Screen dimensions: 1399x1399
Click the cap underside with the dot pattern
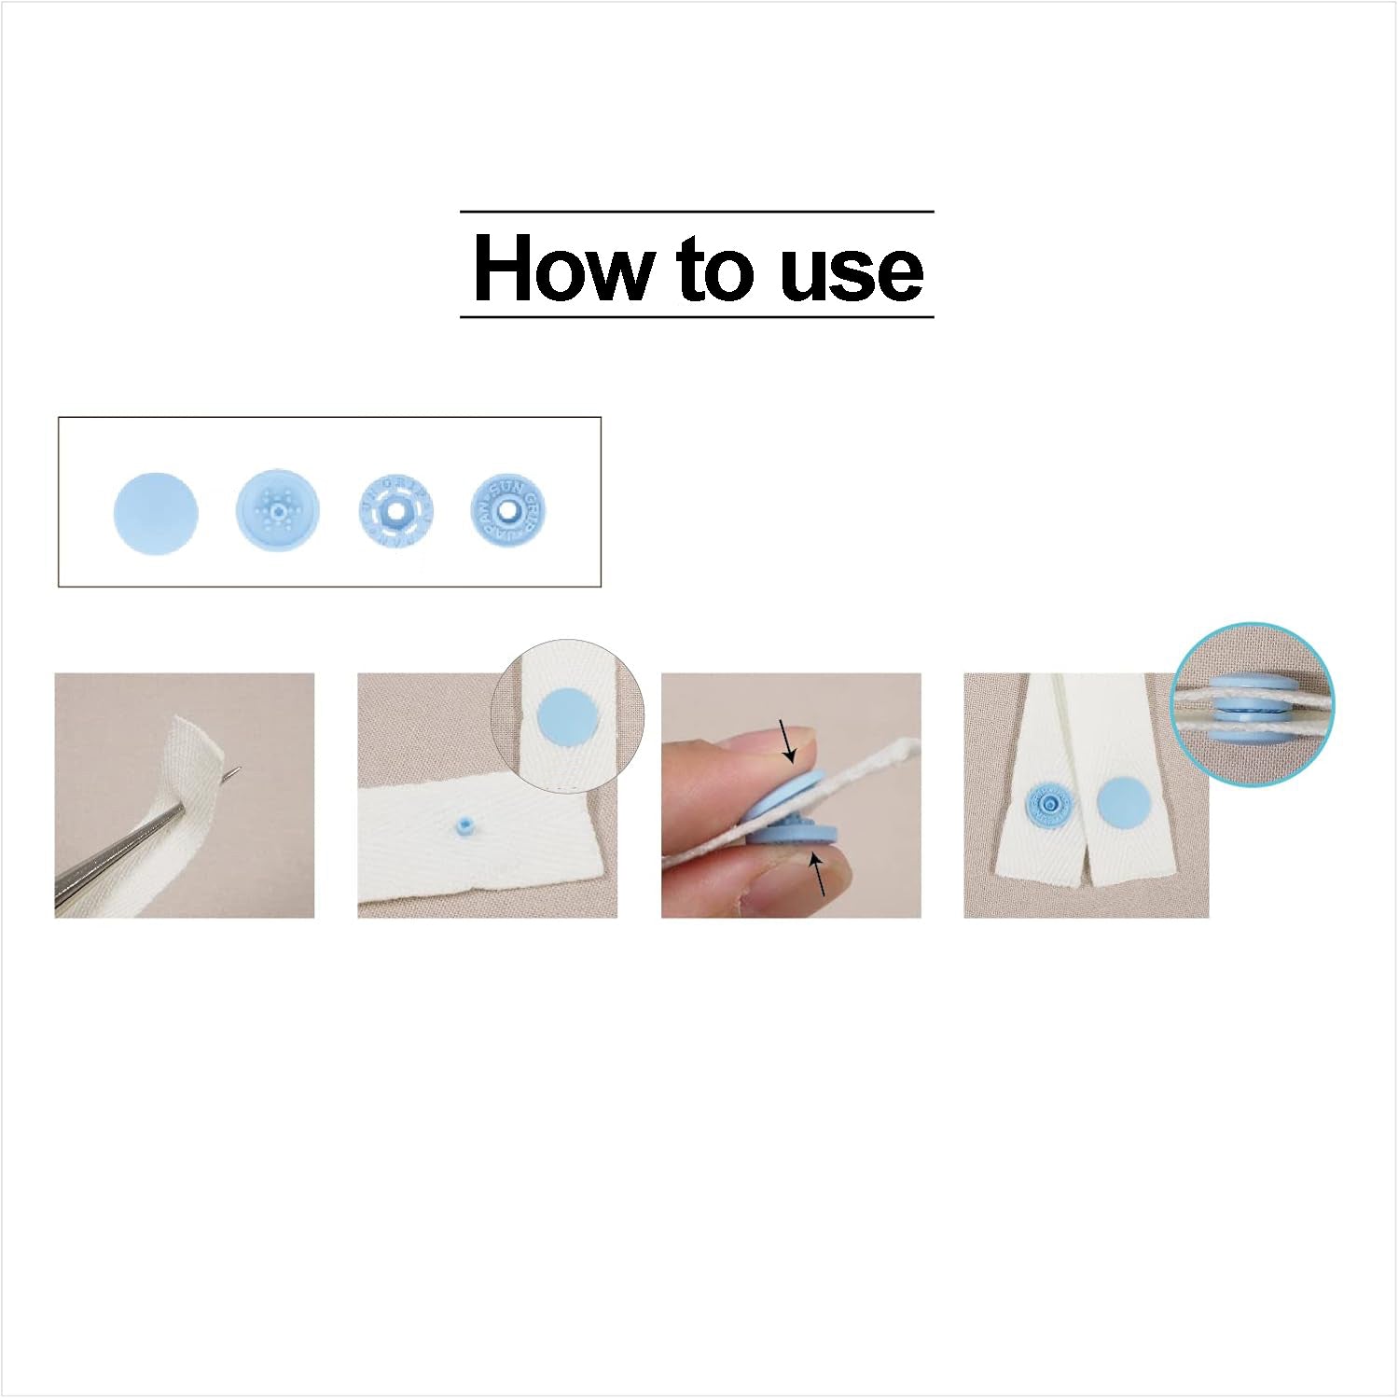click(277, 508)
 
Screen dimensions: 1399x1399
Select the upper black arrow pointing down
click(787, 741)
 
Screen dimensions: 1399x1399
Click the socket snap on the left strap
click(1049, 805)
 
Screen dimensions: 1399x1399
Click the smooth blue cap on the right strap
click(1118, 805)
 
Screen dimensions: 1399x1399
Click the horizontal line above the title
click(697, 212)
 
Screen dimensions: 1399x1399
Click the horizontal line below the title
click(697, 317)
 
